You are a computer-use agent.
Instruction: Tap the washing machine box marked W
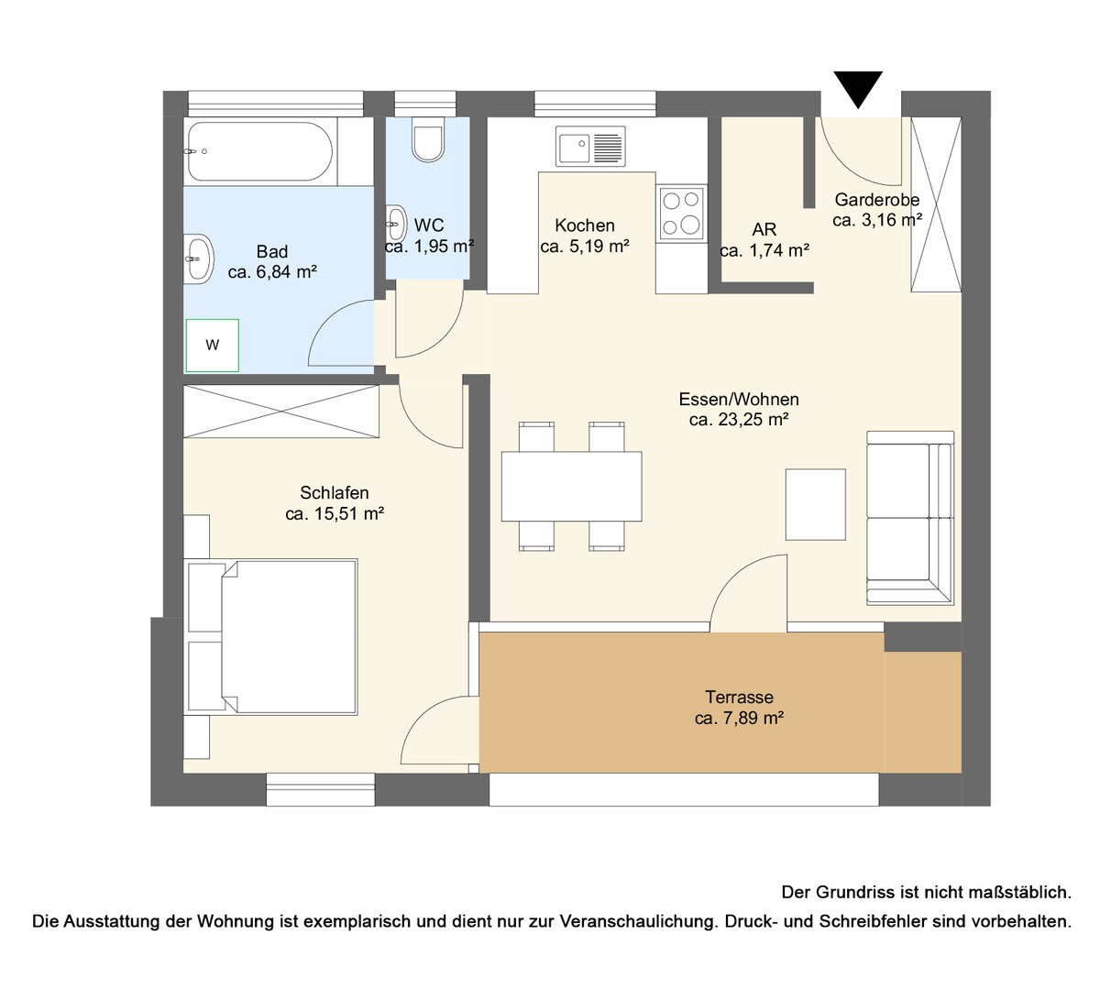point(213,346)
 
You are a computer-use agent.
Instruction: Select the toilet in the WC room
point(428,143)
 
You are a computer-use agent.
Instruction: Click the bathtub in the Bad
point(260,151)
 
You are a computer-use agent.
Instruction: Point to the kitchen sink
point(590,146)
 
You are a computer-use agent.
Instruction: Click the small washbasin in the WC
point(396,223)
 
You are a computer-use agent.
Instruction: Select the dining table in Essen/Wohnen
point(571,486)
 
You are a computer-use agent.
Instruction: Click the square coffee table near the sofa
point(816,504)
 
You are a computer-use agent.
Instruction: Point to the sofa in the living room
point(909,518)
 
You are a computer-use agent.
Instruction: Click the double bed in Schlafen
point(271,637)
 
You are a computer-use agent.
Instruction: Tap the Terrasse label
point(739,697)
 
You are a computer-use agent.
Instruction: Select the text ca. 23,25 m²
point(739,420)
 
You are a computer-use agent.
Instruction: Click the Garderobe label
point(877,200)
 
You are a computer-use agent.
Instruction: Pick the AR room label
point(764,229)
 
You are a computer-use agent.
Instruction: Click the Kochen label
point(585,225)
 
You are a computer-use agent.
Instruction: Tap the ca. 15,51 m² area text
point(335,514)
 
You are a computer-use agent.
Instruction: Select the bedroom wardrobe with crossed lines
point(281,412)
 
